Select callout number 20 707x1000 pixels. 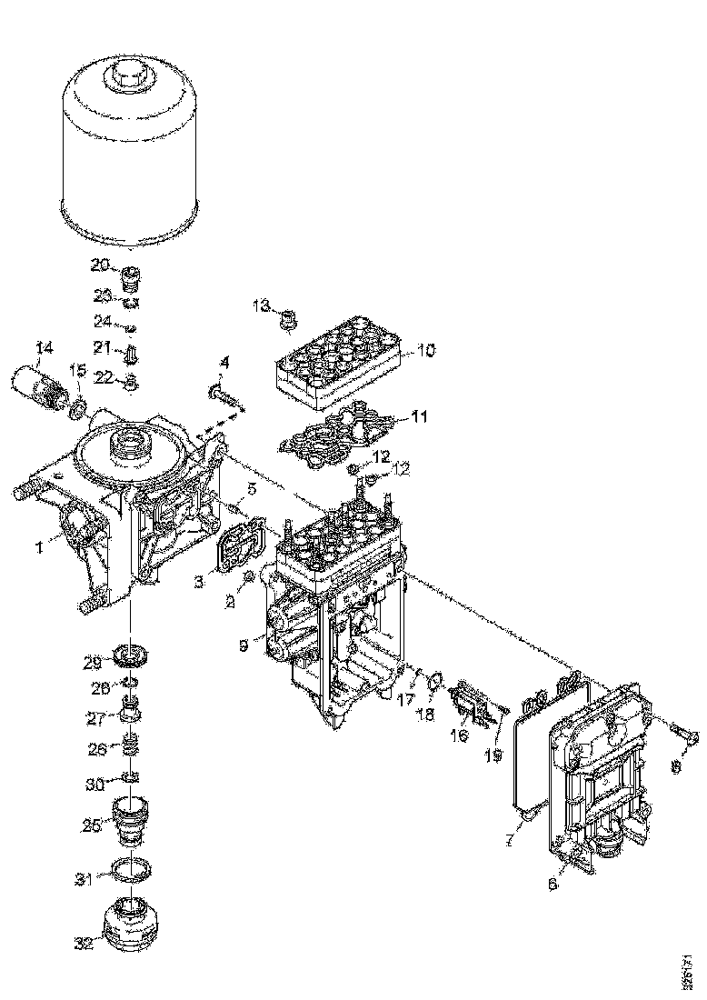[x=100, y=265]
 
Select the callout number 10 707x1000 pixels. [x=425, y=348]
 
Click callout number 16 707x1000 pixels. [x=459, y=735]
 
